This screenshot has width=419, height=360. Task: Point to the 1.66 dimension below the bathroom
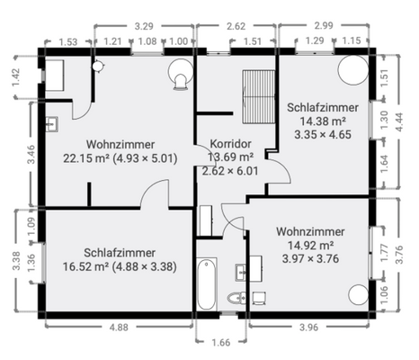pyautogui.click(x=219, y=342)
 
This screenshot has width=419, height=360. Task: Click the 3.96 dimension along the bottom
pyautogui.click(x=308, y=328)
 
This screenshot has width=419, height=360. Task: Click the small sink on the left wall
pyautogui.click(x=51, y=123)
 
